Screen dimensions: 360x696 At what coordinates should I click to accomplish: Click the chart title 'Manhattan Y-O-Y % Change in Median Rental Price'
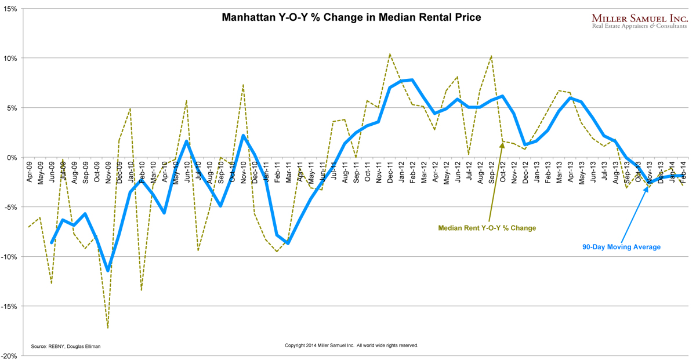click(x=351, y=17)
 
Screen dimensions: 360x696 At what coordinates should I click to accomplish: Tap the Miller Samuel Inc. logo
click(x=639, y=20)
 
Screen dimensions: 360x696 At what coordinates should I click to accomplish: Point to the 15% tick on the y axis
click(x=10, y=9)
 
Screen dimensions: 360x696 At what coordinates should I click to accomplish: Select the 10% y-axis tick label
click(x=10, y=59)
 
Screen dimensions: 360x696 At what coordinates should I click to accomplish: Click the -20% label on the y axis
click(x=9, y=356)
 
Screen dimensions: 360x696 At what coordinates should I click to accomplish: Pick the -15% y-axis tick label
click(x=9, y=307)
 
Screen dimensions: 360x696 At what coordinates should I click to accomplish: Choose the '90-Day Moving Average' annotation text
click(x=621, y=247)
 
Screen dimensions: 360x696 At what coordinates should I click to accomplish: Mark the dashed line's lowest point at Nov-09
click(x=108, y=328)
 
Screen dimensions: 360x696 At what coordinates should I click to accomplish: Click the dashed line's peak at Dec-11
click(x=390, y=54)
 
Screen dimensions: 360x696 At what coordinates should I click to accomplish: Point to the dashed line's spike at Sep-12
click(x=491, y=56)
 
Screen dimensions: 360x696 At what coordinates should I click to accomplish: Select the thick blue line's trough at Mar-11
click(x=288, y=243)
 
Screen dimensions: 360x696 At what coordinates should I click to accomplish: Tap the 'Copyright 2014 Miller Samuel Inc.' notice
click(x=351, y=346)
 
